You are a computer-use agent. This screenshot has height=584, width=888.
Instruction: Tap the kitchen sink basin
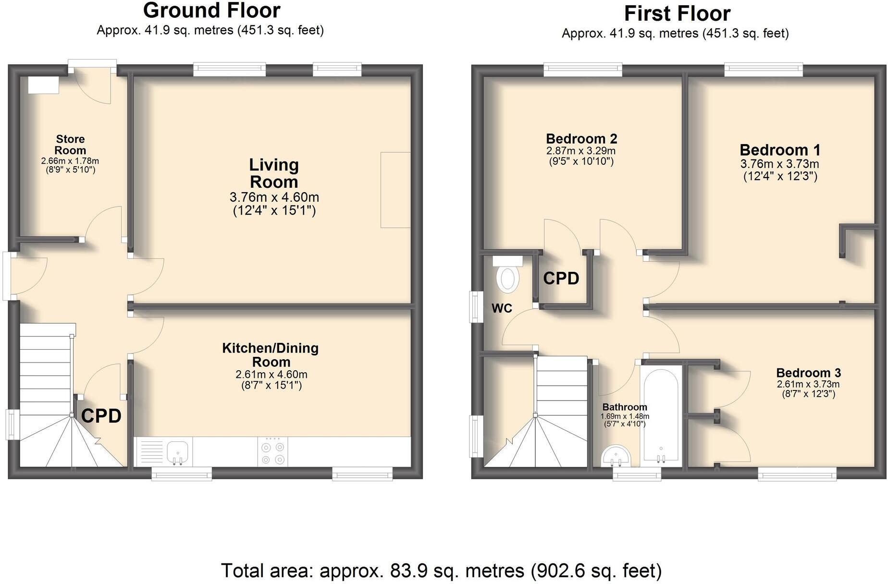click(x=178, y=452)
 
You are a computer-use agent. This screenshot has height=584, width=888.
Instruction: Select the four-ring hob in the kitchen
click(x=272, y=452)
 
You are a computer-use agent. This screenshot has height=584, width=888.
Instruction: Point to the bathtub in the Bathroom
click(x=661, y=415)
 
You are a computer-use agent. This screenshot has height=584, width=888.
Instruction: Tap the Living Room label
click(x=274, y=173)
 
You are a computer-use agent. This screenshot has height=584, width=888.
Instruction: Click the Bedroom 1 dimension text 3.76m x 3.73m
click(x=780, y=164)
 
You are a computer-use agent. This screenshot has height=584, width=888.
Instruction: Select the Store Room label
click(x=70, y=145)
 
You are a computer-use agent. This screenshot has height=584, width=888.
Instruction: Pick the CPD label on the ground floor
click(x=101, y=416)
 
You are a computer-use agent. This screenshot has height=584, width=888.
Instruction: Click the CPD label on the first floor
click(x=561, y=279)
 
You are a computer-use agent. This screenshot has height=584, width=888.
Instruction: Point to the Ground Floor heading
click(x=211, y=11)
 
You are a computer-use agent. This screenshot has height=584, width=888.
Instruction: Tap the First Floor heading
click(x=677, y=13)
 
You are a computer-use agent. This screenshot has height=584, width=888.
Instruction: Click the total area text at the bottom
click(x=441, y=571)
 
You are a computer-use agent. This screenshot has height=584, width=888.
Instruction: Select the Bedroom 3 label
click(x=808, y=373)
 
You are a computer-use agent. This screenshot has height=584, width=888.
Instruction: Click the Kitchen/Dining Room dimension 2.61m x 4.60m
click(x=271, y=375)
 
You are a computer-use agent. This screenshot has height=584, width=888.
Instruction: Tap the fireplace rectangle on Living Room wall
click(x=395, y=190)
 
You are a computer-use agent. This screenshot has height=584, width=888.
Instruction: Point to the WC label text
click(x=502, y=308)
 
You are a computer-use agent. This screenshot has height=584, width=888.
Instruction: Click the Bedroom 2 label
click(x=581, y=139)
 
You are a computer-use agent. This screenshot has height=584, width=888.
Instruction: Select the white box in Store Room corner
click(x=43, y=85)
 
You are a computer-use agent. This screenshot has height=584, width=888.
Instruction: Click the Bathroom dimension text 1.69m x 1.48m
click(x=624, y=416)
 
